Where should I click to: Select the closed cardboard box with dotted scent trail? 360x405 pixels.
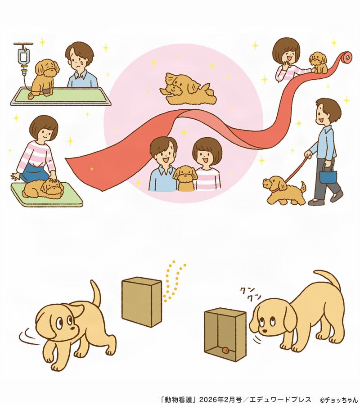141,302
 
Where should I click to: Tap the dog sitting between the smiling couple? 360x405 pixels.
185,178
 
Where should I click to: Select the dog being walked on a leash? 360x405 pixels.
283,190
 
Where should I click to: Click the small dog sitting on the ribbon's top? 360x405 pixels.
318,62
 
